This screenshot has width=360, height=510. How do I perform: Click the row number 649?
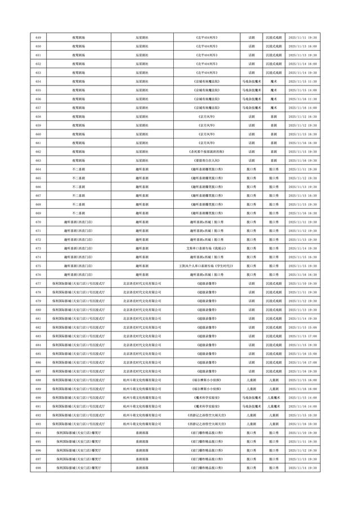click(x=38, y=37)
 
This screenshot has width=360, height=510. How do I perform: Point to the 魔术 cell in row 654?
click(x=273, y=81)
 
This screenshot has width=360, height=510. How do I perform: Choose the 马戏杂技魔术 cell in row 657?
click(x=251, y=108)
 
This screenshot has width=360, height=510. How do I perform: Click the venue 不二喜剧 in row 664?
click(x=78, y=169)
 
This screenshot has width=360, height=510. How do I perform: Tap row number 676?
click(x=38, y=275)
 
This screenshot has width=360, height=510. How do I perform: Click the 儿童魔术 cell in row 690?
click(x=273, y=397)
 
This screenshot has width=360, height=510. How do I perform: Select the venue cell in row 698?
click(x=78, y=468)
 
